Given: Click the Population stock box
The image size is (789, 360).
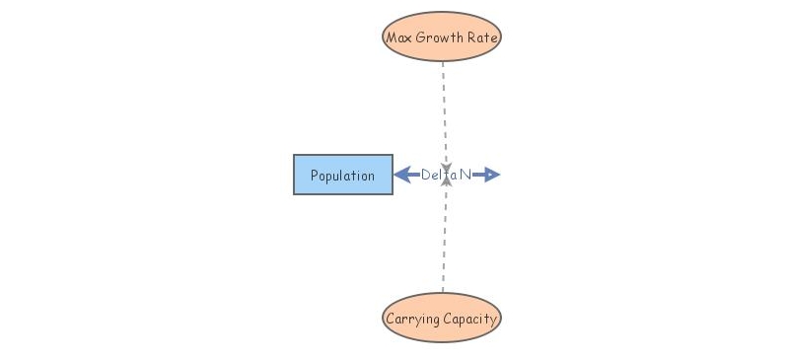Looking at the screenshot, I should [x=342, y=175].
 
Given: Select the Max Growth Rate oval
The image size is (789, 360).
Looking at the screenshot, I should [x=442, y=36].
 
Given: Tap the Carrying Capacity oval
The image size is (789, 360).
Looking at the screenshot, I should [x=442, y=318].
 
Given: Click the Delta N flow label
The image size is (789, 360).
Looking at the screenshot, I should [x=446, y=175].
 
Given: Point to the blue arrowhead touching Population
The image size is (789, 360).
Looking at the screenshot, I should [x=401, y=175].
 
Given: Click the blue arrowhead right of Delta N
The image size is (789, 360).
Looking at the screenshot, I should [x=492, y=175].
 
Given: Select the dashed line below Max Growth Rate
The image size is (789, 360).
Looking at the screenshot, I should [x=443, y=108].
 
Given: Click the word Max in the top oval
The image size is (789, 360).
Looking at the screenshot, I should [x=398, y=37].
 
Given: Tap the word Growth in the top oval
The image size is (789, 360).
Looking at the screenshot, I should [x=441, y=37].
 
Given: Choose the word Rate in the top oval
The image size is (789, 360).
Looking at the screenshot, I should [x=485, y=37].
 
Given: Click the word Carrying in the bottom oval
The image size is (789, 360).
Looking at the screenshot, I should [x=412, y=319].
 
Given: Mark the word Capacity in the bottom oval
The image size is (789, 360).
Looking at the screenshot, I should [x=470, y=319].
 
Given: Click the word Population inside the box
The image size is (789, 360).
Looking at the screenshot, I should [x=342, y=176].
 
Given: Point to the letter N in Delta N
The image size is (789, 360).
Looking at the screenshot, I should [x=465, y=175].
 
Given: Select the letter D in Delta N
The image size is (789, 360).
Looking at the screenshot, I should [x=426, y=175].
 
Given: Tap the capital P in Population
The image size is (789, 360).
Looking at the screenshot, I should [x=315, y=176].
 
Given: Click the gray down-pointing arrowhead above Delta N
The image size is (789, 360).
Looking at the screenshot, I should [x=446, y=168].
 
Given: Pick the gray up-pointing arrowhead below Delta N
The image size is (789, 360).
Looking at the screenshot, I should [x=446, y=180].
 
